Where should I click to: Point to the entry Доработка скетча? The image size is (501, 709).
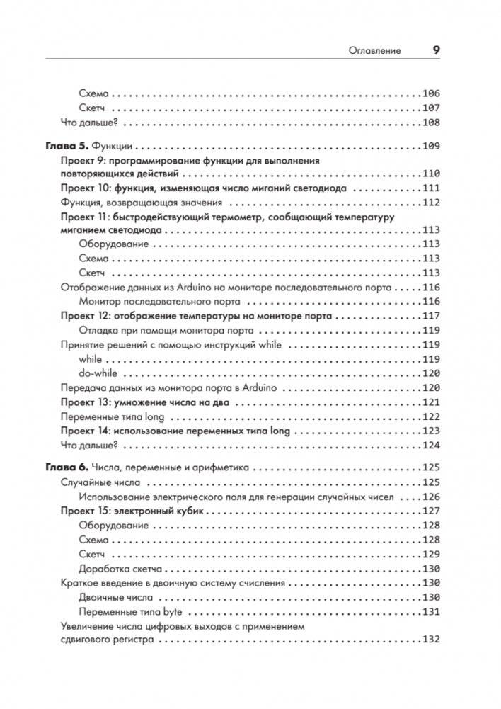(121, 568)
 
